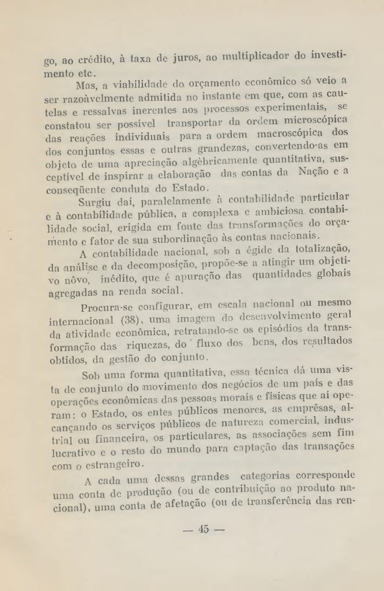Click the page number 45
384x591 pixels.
tap(202, 529)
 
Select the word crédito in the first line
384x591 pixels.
tap(94, 59)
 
